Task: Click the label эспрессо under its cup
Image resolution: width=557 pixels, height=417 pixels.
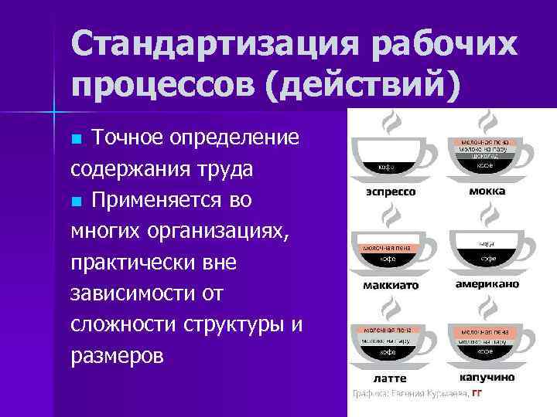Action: tap(391, 191)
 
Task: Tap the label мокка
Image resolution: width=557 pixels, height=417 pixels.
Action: tap(487, 191)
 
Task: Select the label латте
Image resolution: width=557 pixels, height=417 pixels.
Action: tap(390, 378)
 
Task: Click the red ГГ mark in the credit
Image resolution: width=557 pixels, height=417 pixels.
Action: tap(477, 395)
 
